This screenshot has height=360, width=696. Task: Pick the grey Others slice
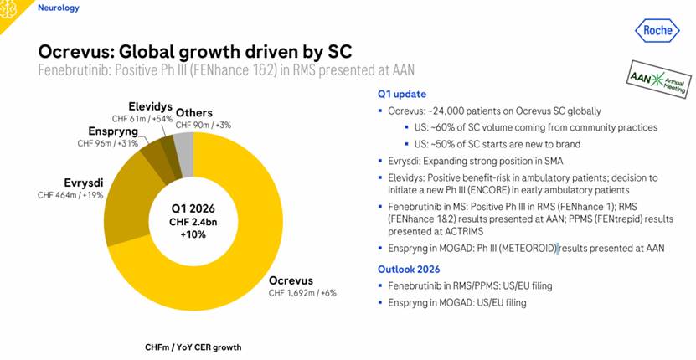point(184,144)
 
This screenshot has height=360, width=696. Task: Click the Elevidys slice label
point(151,108)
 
